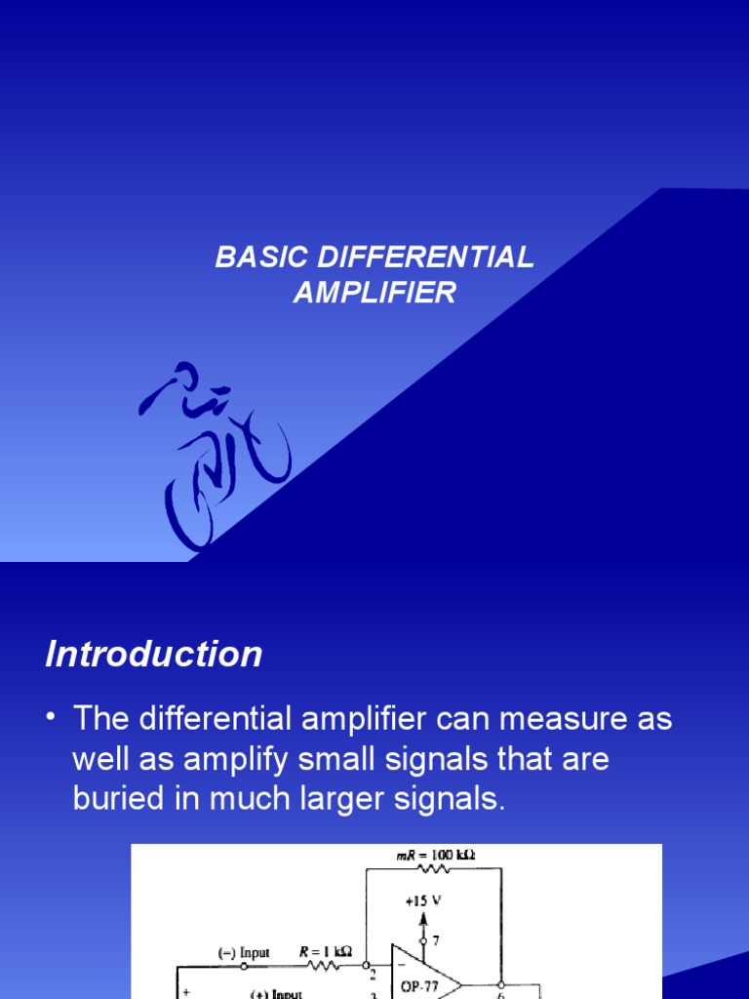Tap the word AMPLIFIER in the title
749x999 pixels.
(x=374, y=292)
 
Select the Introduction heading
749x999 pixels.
(x=154, y=654)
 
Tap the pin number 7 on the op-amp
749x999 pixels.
(x=435, y=940)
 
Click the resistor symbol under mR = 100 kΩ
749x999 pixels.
(x=430, y=870)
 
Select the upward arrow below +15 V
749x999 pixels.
(x=422, y=918)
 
